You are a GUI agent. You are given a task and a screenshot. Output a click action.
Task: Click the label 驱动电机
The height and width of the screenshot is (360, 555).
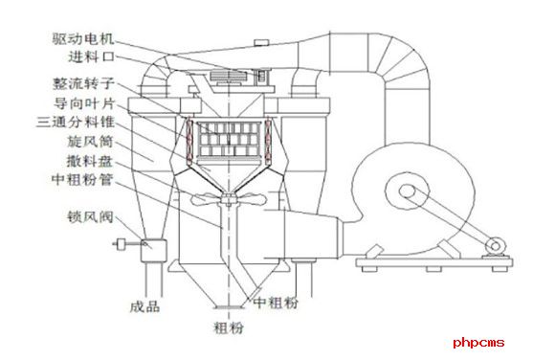tap(83, 38)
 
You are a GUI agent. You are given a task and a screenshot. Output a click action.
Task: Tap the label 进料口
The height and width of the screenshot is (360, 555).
tap(92, 56)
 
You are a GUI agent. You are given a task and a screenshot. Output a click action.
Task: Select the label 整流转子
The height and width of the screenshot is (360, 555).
tap(83, 83)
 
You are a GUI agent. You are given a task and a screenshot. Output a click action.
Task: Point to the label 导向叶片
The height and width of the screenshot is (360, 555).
tap(84, 103)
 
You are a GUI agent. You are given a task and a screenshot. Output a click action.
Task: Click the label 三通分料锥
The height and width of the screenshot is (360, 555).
tap(76, 122)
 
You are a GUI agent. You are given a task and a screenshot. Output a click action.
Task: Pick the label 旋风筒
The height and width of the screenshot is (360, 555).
tap(91, 142)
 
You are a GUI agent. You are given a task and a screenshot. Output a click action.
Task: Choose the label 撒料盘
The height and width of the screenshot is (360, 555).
tap(90, 161)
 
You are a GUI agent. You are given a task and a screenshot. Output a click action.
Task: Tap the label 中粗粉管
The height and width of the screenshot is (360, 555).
tap(82, 179)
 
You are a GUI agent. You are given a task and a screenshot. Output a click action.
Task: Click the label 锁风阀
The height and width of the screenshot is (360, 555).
tap(91, 216)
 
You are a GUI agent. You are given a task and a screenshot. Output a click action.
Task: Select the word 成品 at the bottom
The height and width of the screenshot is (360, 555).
tap(144, 306)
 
